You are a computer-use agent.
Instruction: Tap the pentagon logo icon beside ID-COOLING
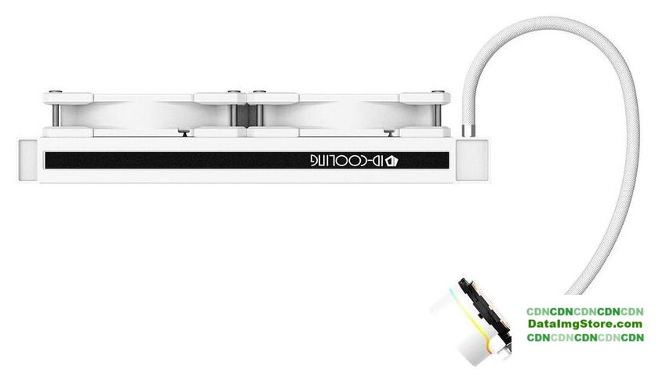[x=392, y=161]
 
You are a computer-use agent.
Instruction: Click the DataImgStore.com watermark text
[x=585, y=324]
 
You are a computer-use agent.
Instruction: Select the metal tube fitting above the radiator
[x=467, y=131]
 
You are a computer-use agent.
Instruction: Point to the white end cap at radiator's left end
[x=28, y=162]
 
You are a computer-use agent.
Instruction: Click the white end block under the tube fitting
[x=472, y=160]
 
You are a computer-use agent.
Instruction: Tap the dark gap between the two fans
[x=244, y=115]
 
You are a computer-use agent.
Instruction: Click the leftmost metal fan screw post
[x=56, y=115]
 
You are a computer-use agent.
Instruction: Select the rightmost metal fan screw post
[x=438, y=115]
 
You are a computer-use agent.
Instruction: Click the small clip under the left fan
[x=184, y=133]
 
